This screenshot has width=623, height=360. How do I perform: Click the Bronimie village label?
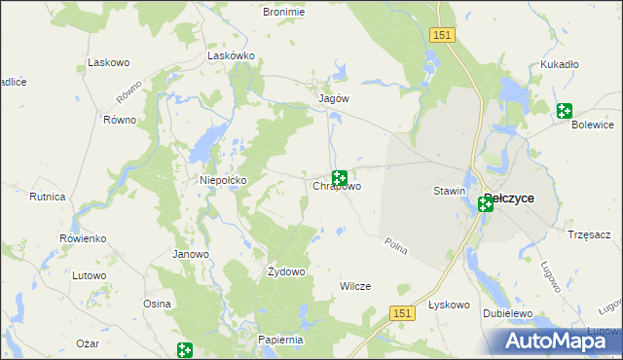click(x=284, y=12)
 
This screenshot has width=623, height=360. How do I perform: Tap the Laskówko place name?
click(x=231, y=56)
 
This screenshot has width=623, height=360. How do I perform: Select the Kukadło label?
click(x=560, y=64)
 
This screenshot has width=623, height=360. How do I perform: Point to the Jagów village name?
click(x=334, y=98)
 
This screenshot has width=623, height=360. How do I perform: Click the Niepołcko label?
click(x=223, y=180)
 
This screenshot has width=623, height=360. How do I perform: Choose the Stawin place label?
click(x=449, y=192)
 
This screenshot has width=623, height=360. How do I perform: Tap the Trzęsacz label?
click(x=588, y=234)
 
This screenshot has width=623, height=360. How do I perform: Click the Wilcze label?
click(x=353, y=286)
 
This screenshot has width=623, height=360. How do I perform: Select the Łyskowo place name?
click(x=450, y=305)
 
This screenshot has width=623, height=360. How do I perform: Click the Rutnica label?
click(x=47, y=197)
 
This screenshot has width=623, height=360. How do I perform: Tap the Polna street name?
click(x=395, y=247)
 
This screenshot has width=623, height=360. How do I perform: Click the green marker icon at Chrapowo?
click(x=340, y=178)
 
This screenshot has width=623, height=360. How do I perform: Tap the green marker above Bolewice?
click(x=565, y=111)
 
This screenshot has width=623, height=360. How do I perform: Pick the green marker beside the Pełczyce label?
click(x=485, y=204)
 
